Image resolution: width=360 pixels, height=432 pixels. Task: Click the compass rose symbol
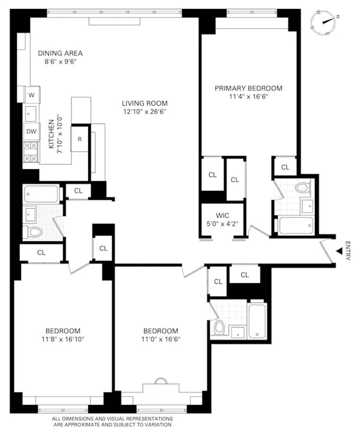pyautogui.click(x=326, y=23)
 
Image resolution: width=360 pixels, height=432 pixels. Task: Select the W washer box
pyautogui.click(x=31, y=95)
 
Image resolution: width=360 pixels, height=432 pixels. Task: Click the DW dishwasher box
pyautogui.click(x=31, y=131)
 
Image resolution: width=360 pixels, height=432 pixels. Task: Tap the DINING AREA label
pyautogui.click(x=60, y=53)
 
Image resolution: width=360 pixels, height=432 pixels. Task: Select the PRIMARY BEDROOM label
pyautogui.click(x=248, y=88)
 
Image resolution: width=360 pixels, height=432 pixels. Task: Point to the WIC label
pyautogui.click(x=214, y=215)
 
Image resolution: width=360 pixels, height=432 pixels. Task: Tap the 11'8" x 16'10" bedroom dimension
pyautogui.click(x=62, y=340)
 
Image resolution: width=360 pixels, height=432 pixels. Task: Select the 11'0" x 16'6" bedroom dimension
pyautogui.click(x=160, y=340)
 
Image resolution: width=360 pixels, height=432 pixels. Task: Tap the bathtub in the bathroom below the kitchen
pyautogui.click(x=41, y=194)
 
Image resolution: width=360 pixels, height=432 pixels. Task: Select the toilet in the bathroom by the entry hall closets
pyautogui.click(x=220, y=328)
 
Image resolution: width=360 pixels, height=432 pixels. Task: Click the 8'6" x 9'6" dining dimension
pyautogui.click(x=60, y=61)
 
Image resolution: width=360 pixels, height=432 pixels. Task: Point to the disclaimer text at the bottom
pyautogui.click(x=113, y=421)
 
